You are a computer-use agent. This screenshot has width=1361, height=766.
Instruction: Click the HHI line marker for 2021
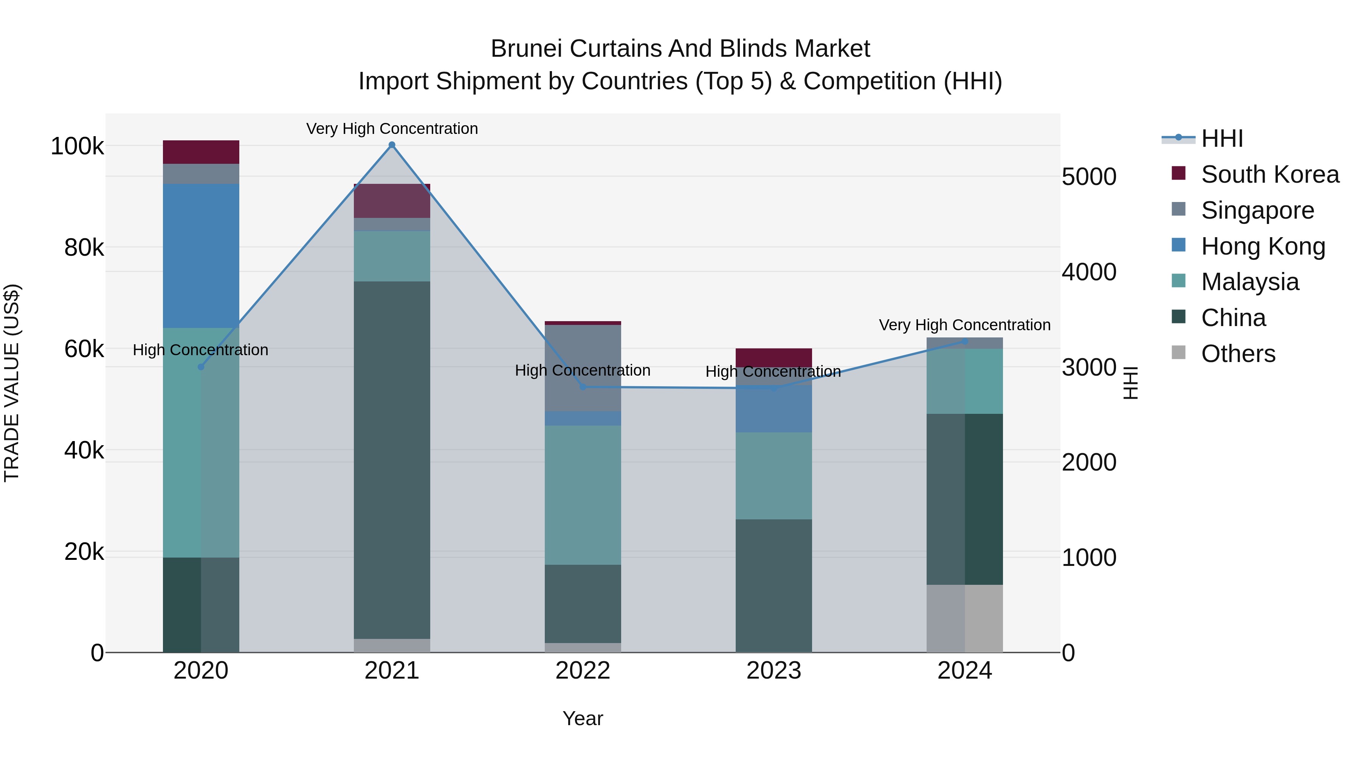[x=392, y=145]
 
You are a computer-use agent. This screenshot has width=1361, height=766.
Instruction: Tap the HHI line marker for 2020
[x=201, y=367]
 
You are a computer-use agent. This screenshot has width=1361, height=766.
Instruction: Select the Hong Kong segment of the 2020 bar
[x=201, y=256]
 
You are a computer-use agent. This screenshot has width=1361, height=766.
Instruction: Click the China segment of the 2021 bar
[x=392, y=460]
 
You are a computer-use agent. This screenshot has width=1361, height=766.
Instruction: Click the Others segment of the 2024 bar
[x=965, y=618]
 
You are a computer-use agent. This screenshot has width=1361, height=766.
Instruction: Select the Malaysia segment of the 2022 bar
[x=583, y=495]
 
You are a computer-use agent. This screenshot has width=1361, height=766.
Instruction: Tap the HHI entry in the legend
[x=1221, y=138]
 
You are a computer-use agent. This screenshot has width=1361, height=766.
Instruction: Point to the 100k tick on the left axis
[x=77, y=146]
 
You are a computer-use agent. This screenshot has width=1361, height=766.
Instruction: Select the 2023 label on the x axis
[x=774, y=671]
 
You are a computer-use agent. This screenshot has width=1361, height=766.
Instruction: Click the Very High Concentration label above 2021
[x=392, y=129]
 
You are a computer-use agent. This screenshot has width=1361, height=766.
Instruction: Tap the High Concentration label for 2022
[x=582, y=370]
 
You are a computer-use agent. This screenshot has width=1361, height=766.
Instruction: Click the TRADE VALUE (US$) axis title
[x=12, y=383]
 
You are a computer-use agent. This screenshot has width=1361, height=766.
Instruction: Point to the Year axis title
[x=583, y=718]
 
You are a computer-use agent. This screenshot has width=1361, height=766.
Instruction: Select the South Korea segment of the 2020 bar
[x=201, y=152]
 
